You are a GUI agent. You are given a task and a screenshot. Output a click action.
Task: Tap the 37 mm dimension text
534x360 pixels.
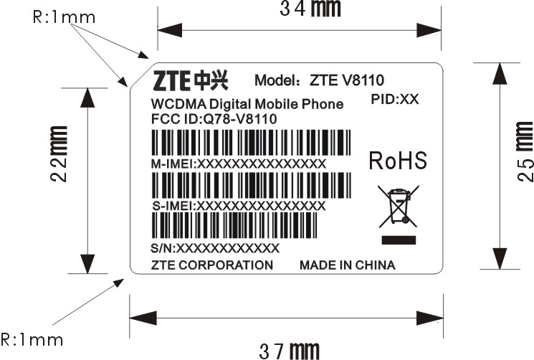tap(289, 350)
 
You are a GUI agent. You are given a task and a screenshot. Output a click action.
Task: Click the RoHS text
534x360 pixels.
tap(398, 161)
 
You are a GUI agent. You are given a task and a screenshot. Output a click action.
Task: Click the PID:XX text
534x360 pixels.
tap(396, 99)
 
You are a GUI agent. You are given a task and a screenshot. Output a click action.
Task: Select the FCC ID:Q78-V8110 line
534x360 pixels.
tap(214, 118)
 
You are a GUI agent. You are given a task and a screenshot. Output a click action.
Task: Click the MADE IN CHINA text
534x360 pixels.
tap(347, 265)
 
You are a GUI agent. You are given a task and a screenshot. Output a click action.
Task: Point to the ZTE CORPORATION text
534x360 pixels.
tap(212, 265)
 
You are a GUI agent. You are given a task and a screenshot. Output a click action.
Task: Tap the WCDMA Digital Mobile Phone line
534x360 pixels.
tap(247, 104)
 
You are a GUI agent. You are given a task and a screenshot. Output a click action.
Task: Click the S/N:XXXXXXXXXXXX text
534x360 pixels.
tap(215, 248)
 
